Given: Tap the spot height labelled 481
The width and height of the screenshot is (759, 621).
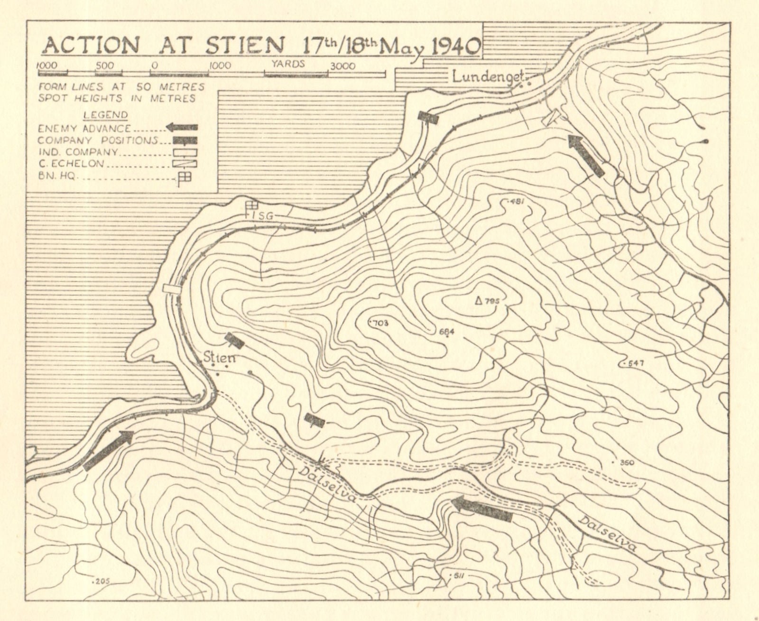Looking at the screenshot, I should pyautogui.click(x=515, y=202).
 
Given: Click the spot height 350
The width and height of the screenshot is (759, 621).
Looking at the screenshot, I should pyautogui.click(x=626, y=462).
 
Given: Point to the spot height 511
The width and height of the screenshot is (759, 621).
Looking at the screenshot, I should pyautogui.click(x=456, y=576).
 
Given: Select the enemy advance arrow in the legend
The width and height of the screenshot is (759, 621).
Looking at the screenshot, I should pyautogui.click(x=182, y=127).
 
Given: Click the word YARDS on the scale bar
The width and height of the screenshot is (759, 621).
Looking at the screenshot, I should pyautogui.click(x=288, y=64).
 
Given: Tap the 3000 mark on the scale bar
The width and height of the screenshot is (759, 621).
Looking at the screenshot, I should pyautogui.click(x=342, y=66).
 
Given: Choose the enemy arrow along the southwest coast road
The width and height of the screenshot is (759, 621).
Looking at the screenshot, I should pyautogui.click(x=108, y=451).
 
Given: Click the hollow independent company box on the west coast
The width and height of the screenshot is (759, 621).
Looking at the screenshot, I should pyautogui.click(x=172, y=288).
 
